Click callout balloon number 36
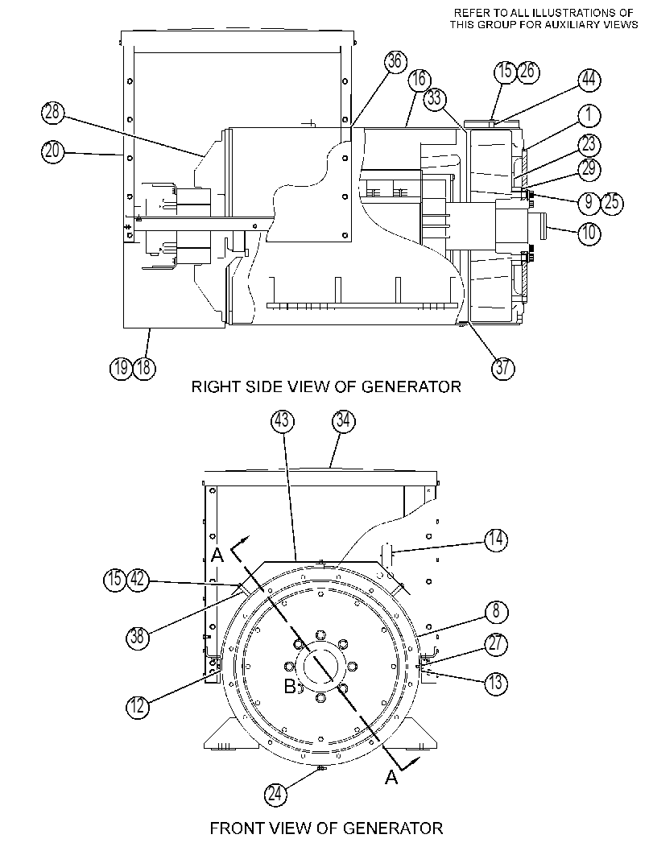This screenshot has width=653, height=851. point(395,61)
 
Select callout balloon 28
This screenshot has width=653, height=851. point(52,113)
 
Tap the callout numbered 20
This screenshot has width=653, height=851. point(52,151)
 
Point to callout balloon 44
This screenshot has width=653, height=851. point(589,81)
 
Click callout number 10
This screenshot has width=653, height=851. point(589,234)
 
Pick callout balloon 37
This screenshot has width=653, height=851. point(502,368)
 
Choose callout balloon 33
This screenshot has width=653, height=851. point(434,99)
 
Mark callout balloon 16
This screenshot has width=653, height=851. point(419,80)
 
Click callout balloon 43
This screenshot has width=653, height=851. point(283,422)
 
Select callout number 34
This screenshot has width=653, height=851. point(344,422)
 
